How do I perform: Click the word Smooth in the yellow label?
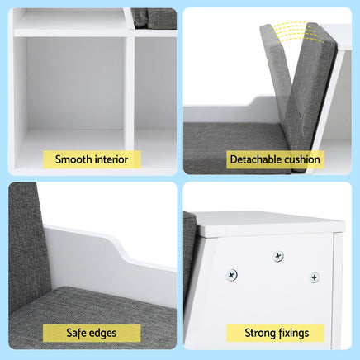pyautogui.click(x=73, y=159)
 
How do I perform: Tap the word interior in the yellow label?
pyautogui.click(x=111, y=159)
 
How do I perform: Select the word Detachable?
pyautogui.click(x=252, y=159)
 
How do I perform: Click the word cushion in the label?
pyautogui.click(x=298, y=159)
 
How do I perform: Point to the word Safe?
pyautogui.click(x=76, y=333)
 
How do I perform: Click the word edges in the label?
pyautogui.click(x=102, y=334)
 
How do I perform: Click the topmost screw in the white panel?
pyautogui.click(x=278, y=256)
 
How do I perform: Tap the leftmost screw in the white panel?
pyautogui.click(x=232, y=275)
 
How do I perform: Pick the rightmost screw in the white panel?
pyautogui.click(x=315, y=277)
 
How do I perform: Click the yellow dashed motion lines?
pyautogui.click(x=297, y=32)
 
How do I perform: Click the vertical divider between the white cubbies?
pyautogui.click(x=129, y=93)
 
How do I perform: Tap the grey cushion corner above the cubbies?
pyautogui.click(x=154, y=18)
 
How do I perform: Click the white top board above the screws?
pyautogui.click(x=270, y=224)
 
